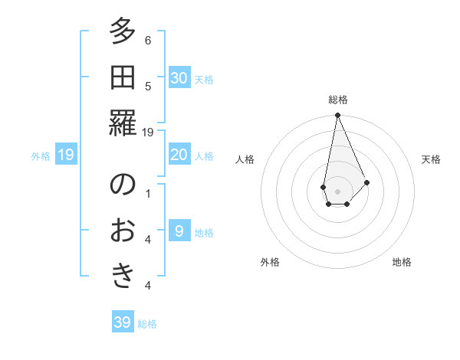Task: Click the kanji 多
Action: (x=123, y=32)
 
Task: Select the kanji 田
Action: (x=123, y=77)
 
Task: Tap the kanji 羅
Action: (x=123, y=123)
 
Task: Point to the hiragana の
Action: (x=123, y=185)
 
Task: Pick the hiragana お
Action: (x=123, y=230)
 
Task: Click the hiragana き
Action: (x=123, y=276)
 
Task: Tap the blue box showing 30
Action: (x=179, y=78)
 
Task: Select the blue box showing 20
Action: (x=179, y=155)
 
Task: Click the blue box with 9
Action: (x=179, y=231)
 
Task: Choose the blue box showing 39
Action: (x=123, y=322)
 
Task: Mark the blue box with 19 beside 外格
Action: (x=66, y=155)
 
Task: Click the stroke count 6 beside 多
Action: (x=148, y=41)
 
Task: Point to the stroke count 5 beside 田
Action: (x=148, y=86)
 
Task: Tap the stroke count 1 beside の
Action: (x=148, y=193)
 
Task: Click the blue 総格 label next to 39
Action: (x=147, y=324)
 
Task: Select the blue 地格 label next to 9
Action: (x=205, y=233)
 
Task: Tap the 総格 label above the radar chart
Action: (x=338, y=100)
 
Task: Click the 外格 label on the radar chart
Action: (x=270, y=262)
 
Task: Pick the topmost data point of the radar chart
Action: (x=337, y=116)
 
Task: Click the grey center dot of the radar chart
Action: (x=337, y=191)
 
